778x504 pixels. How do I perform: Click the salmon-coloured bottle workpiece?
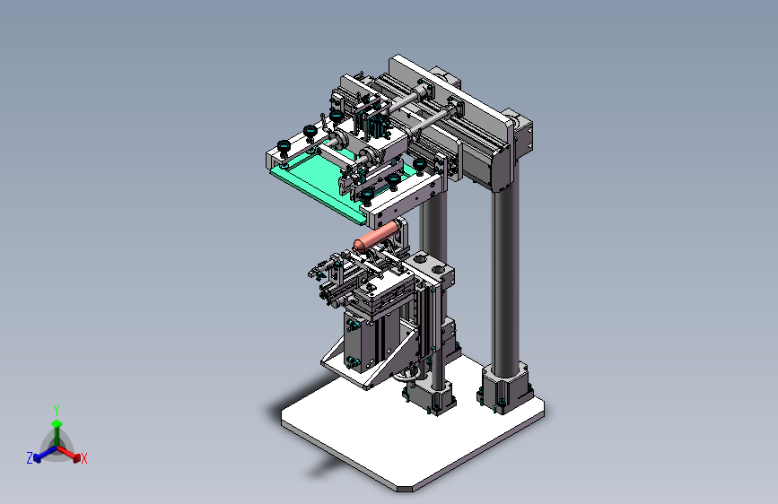click(376, 237)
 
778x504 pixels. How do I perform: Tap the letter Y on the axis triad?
click(57, 411)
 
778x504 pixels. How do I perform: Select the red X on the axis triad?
click(83, 458)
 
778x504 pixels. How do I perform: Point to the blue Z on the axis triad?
click(30, 457)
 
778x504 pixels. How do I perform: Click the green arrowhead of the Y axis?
click(57, 424)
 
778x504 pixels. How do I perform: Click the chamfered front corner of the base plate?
click(405, 489)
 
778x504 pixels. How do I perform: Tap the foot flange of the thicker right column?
click(504, 388)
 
